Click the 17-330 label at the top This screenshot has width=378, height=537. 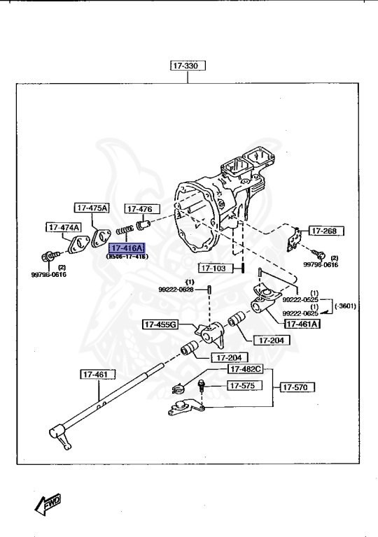click(185, 66)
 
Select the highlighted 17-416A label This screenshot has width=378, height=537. click(126, 248)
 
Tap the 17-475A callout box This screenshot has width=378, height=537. click(92, 208)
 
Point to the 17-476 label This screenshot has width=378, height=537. click(142, 209)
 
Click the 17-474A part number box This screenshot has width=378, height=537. click(64, 227)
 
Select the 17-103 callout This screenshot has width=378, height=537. click(215, 268)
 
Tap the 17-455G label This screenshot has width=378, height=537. click(160, 324)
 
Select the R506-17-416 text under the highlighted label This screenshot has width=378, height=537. click(127, 257)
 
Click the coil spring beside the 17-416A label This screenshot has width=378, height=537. click(125, 230)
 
